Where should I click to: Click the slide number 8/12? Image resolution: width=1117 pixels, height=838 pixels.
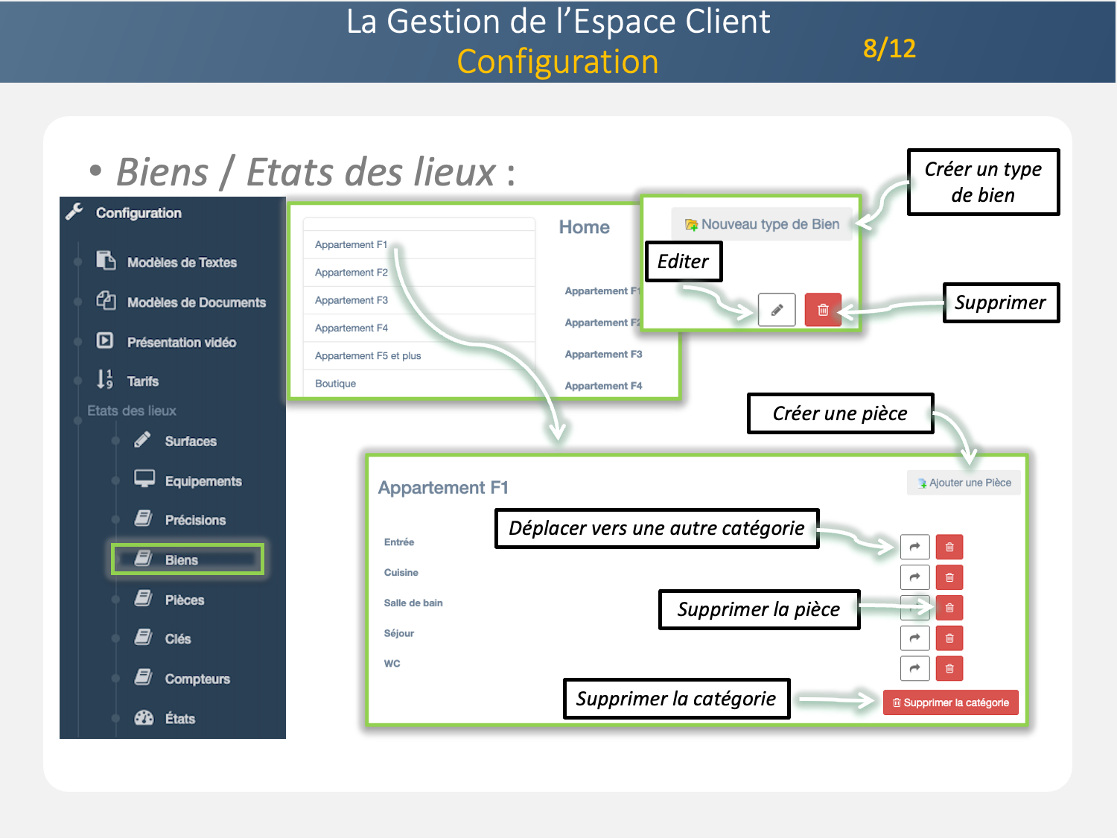[889, 48]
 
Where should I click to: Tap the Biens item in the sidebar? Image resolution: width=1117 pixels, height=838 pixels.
[181, 560]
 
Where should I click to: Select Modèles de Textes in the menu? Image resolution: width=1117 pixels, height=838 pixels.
[181, 262]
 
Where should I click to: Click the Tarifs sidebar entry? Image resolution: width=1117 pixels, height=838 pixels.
[142, 381]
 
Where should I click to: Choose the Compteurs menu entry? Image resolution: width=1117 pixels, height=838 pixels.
[197, 679]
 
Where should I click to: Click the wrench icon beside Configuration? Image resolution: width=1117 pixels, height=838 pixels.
[74, 212]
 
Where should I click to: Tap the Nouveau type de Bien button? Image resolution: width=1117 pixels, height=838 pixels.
[762, 224]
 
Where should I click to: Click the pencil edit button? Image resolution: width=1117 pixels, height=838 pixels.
[777, 310]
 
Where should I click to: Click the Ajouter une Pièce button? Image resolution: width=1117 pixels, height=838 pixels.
[964, 483]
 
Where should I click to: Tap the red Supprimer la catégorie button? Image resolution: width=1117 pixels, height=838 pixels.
[950, 702]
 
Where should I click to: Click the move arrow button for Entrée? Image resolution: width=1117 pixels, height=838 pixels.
[914, 547]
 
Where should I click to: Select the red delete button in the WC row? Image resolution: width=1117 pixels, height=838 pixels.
[949, 668]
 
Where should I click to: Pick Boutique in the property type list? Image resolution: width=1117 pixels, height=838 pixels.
[336, 384]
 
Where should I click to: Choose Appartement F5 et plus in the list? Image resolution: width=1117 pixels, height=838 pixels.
[368, 356]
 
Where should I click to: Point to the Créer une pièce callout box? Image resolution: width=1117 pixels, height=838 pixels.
[840, 413]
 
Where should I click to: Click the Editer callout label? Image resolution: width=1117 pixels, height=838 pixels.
[683, 261]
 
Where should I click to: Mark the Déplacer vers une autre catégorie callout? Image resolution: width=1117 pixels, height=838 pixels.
[656, 528]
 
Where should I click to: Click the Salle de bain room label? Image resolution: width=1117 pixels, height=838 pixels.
[413, 603]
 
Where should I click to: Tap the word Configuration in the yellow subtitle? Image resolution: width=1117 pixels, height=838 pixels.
[558, 62]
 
